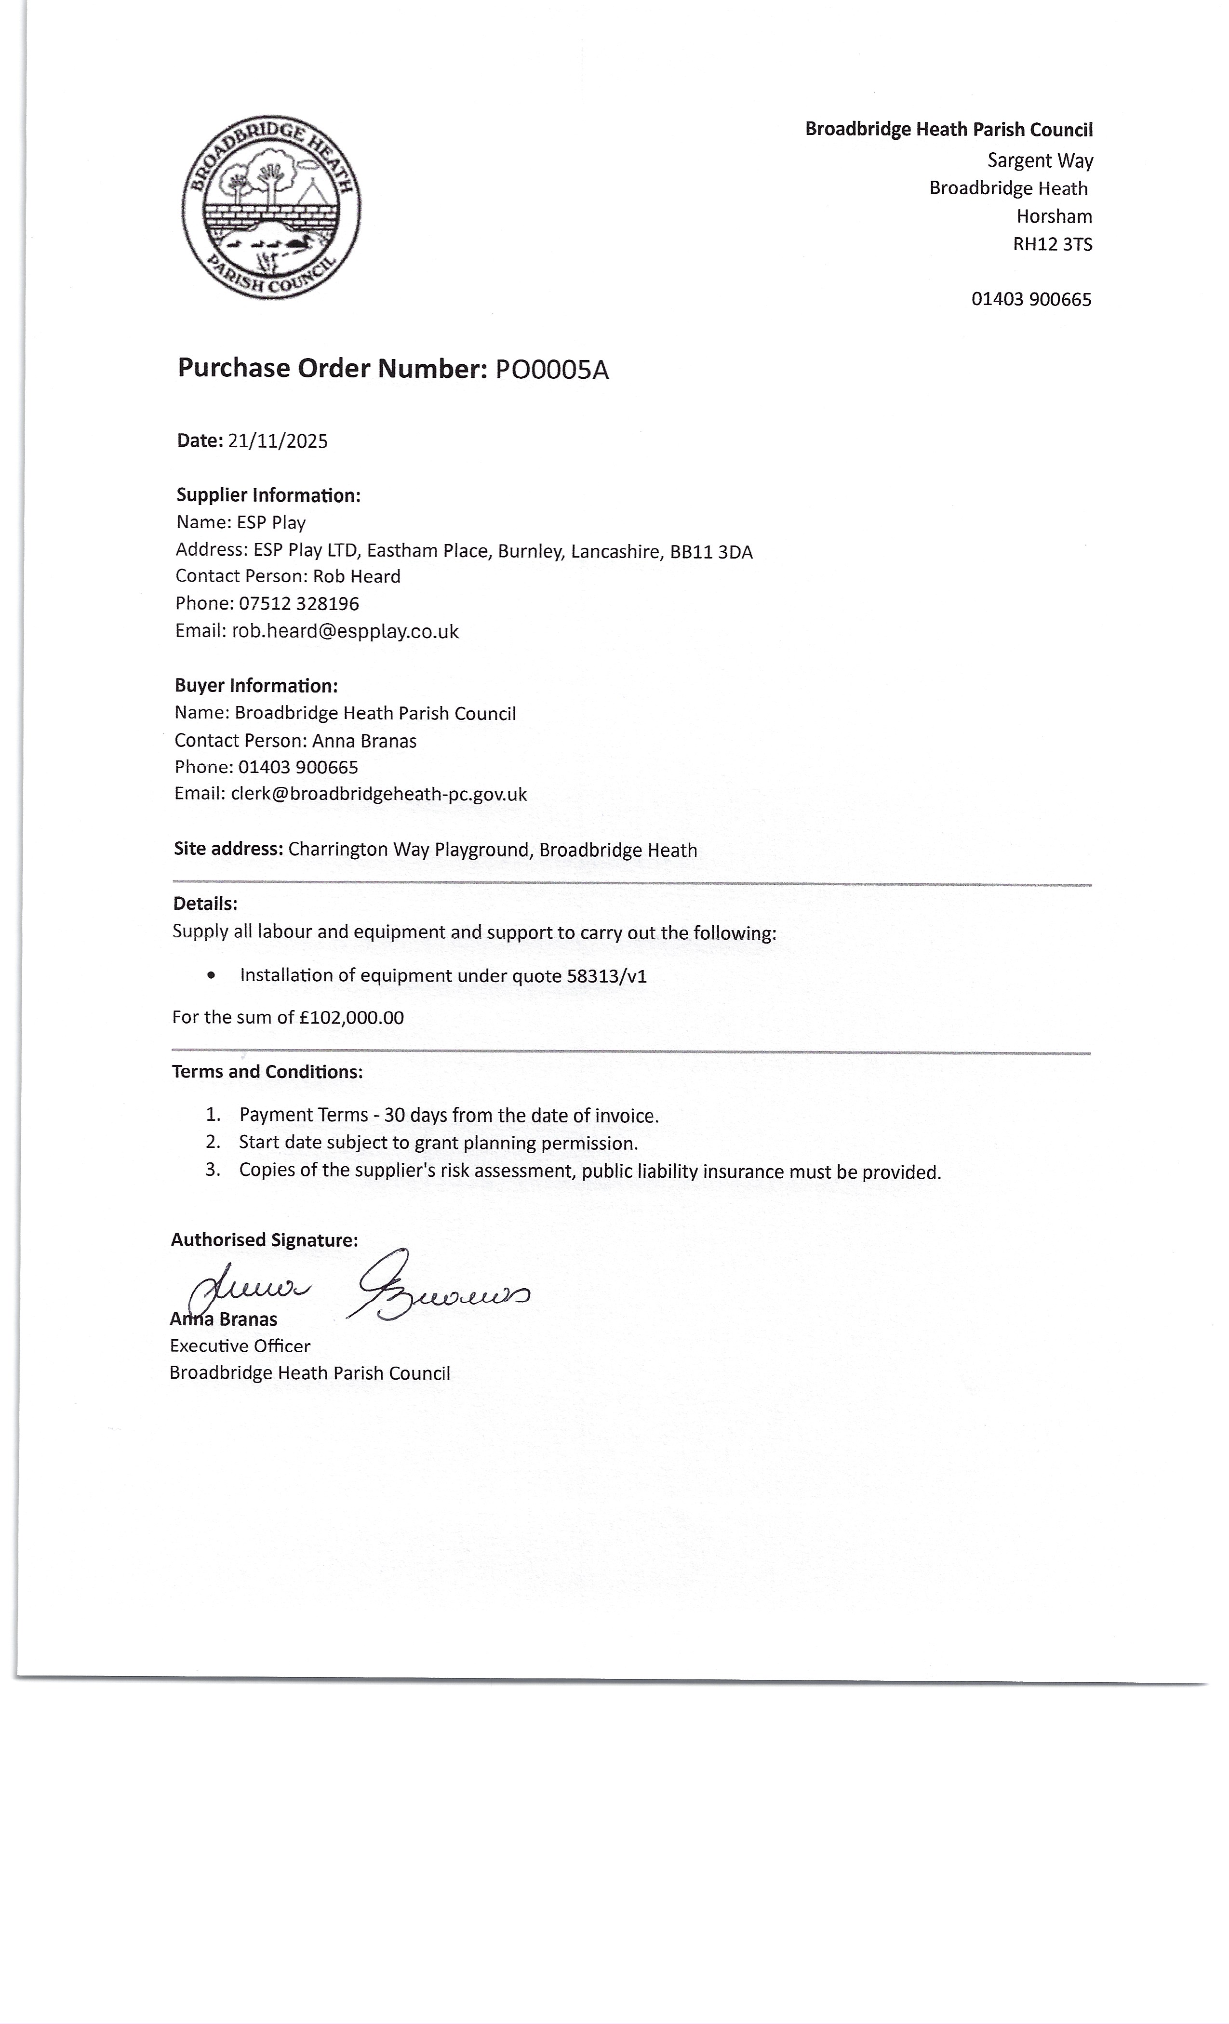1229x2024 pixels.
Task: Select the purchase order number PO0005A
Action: [x=551, y=371]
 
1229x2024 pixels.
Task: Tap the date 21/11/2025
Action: [x=278, y=441]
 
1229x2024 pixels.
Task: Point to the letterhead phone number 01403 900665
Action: [x=1031, y=299]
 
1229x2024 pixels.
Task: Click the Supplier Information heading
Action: [x=268, y=495]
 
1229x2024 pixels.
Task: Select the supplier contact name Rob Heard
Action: [x=357, y=577]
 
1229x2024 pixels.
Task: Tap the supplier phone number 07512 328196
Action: [x=299, y=604]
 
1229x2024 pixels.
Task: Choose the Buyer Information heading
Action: [x=256, y=686]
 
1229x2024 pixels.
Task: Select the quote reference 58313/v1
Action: [x=606, y=976]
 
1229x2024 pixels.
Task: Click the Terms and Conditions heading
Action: [x=267, y=1072]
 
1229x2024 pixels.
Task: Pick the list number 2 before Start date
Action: [x=213, y=1142]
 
